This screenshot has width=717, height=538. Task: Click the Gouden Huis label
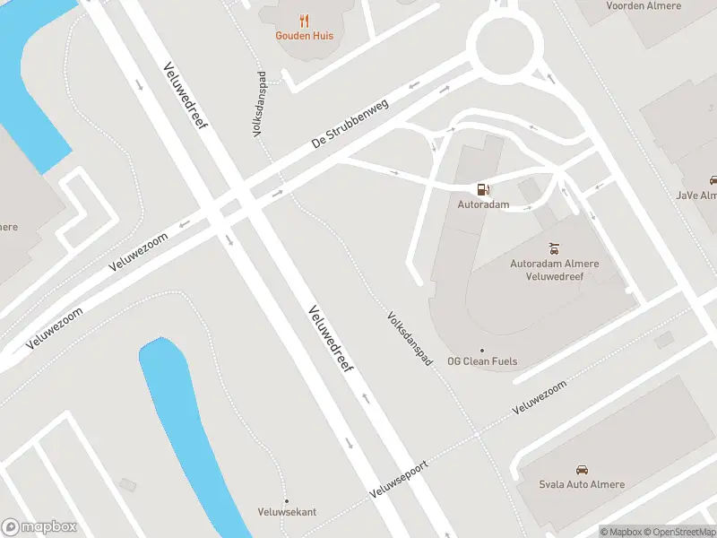pos(305,36)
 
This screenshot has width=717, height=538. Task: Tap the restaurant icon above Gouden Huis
pos(305,21)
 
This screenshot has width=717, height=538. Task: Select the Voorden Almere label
pos(644,5)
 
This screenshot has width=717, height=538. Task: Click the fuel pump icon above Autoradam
pos(483,189)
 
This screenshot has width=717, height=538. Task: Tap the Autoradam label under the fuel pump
pos(483,204)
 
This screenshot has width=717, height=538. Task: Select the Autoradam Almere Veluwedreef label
pos(554,270)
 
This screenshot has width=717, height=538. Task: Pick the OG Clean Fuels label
pos(482,361)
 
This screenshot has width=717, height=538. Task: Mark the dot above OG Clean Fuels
pos(482,351)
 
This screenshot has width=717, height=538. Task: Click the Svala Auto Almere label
pos(582,484)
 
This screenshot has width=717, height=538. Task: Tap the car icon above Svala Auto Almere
pos(582,469)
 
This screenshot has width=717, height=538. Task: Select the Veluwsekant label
pos(287,512)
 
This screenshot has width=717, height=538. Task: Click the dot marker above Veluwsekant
pos(287,500)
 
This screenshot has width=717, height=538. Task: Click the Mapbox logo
pos(39,527)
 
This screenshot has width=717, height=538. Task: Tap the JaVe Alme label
pos(697,195)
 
